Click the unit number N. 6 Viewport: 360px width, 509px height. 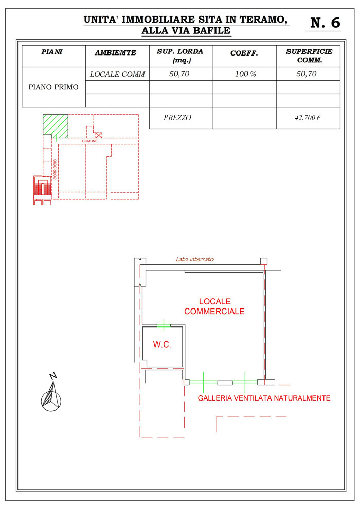coord(325,23)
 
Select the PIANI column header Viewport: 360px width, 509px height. coord(51,52)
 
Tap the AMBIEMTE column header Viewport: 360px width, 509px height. coord(115,52)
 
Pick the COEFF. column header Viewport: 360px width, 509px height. coord(244,53)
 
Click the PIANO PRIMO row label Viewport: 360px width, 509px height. coord(53,87)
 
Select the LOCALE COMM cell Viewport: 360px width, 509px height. coord(117,74)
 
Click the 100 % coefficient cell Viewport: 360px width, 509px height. coord(245,74)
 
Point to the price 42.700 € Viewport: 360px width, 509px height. coord(308,118)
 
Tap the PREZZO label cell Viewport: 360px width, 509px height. coord(177,118)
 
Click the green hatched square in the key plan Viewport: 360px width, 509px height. coord(56,125)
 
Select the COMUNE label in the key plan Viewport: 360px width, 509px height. coord(89,141)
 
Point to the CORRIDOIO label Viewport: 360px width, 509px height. coord(55,170)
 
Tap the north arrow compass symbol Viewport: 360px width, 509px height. coord(51,393)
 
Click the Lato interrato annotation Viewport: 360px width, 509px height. coord(195,259)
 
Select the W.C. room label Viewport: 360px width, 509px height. coord(162,344)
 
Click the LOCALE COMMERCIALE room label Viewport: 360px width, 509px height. coord(214,306)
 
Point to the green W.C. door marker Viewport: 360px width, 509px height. coord(164,325)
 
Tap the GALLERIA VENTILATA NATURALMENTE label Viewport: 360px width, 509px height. coord(264,398)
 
